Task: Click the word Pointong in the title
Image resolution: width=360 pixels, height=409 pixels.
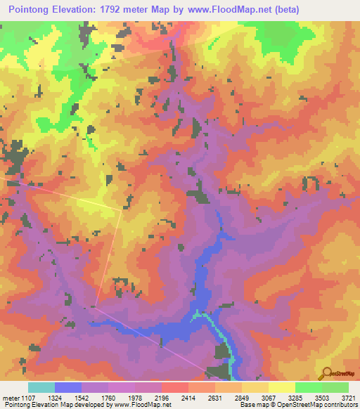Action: [31, 10]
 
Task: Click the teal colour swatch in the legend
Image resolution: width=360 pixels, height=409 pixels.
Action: [41, 387]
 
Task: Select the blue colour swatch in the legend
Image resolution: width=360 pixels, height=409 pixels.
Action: [67, 387]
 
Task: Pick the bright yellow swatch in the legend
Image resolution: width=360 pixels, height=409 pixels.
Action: [281, 387]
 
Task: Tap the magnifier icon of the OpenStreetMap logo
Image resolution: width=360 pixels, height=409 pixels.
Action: [324, 372]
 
